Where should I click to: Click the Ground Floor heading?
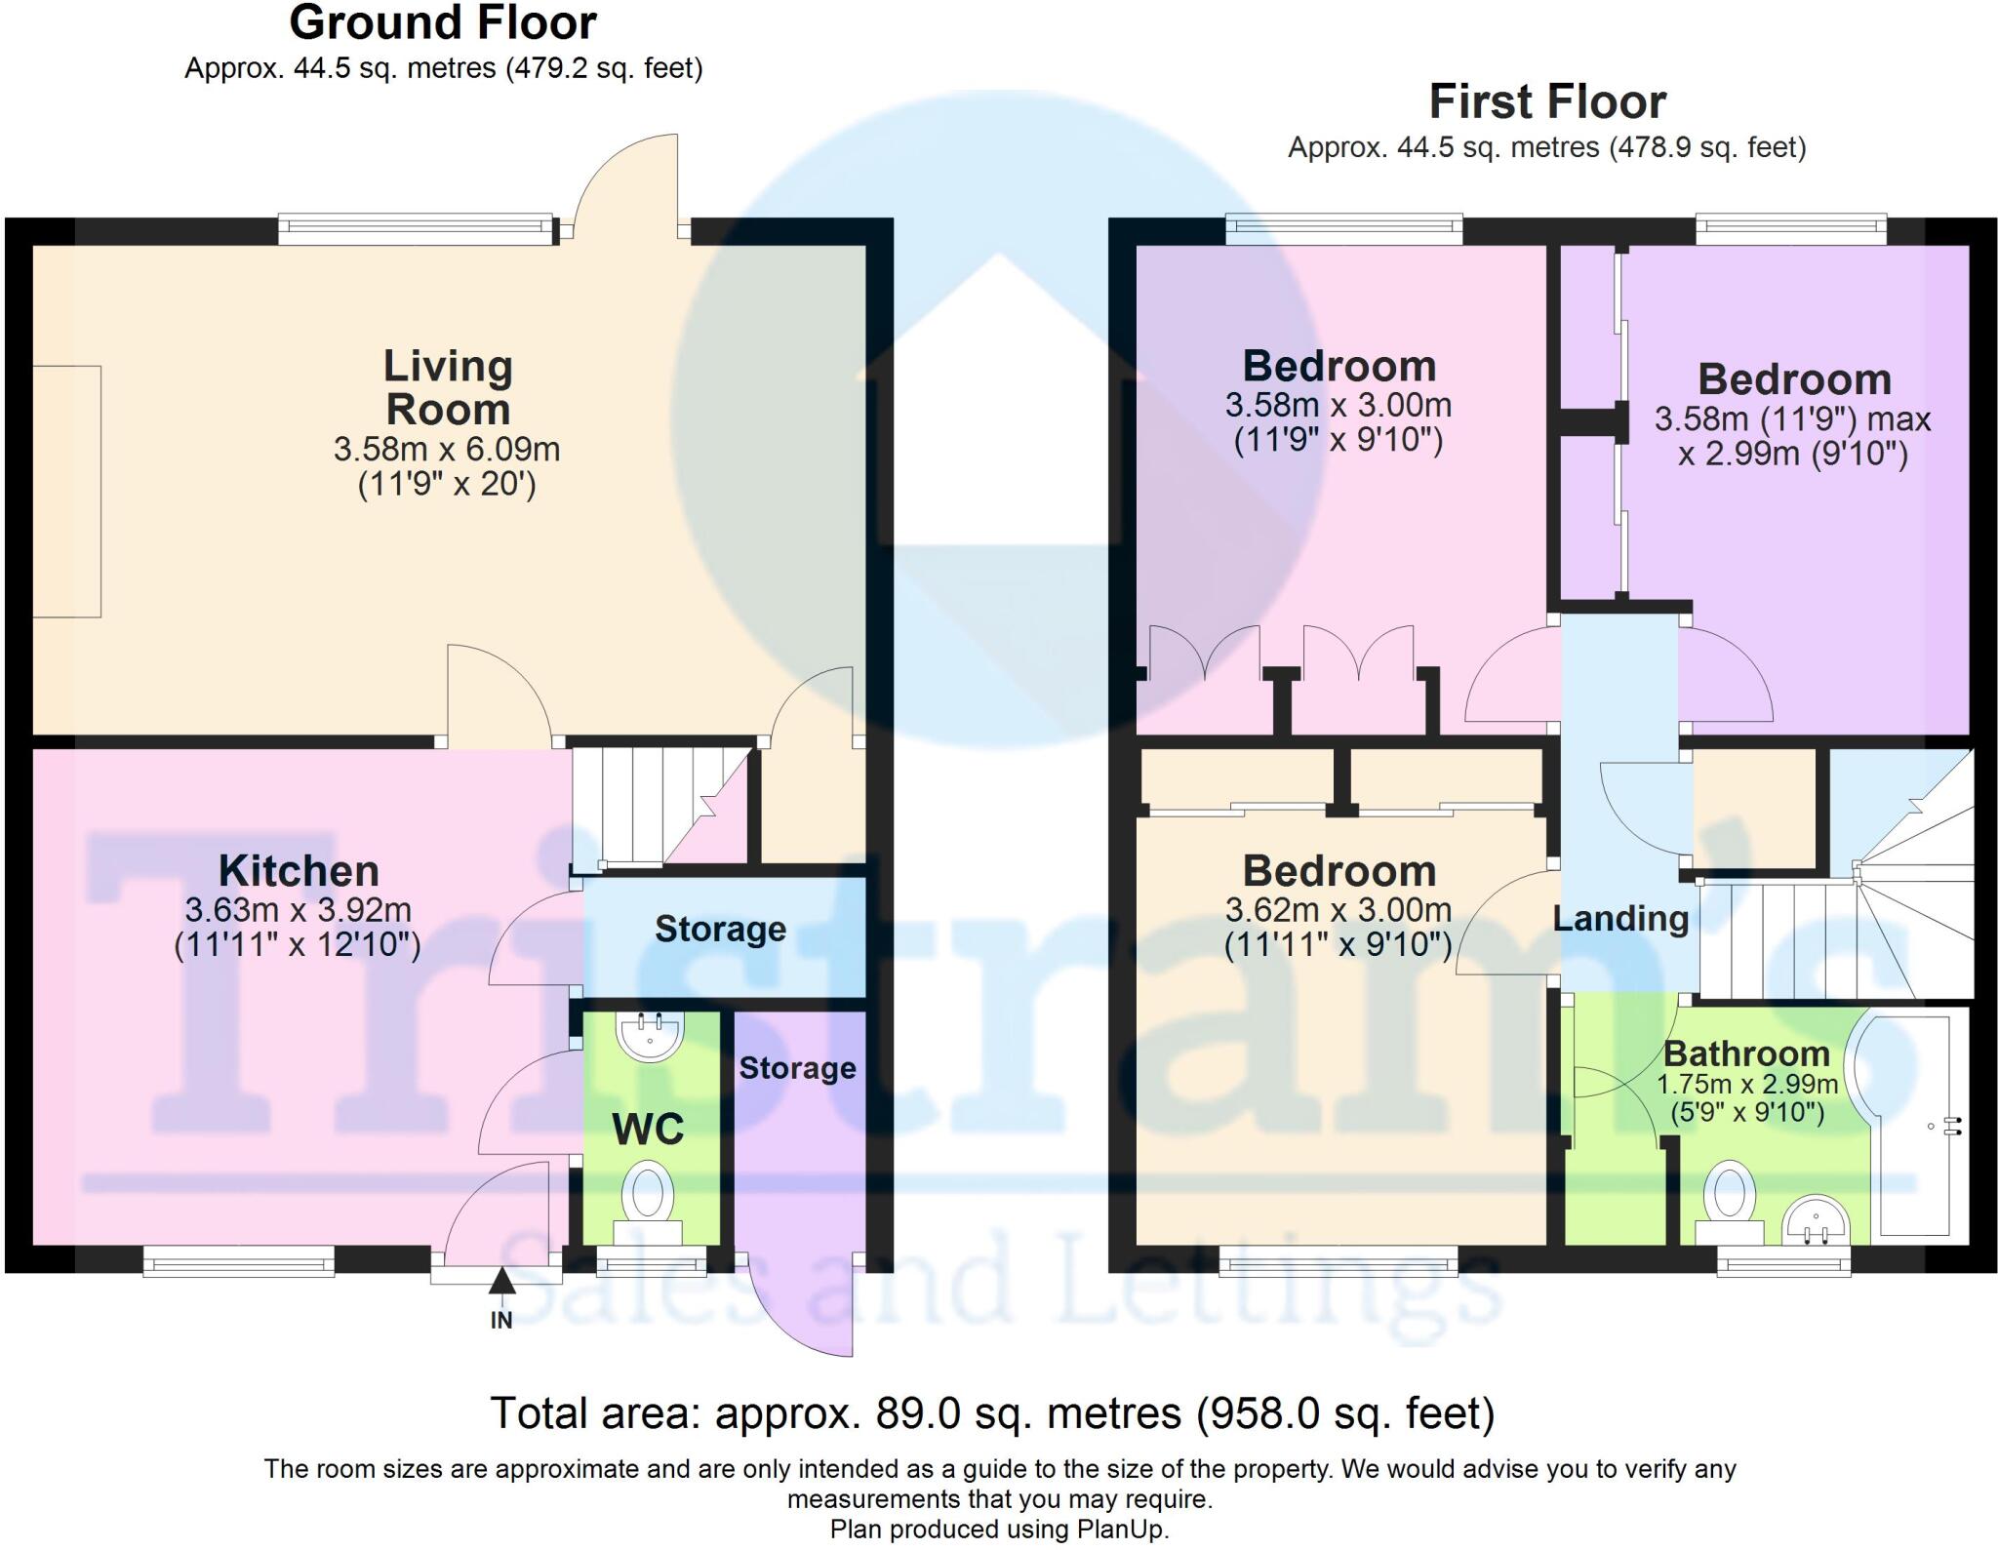point(443,23)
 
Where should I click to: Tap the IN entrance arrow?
point(501,1281)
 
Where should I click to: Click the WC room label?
point(648,1130)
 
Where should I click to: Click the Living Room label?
point(448,387)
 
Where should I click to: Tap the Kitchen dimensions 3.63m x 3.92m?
point(298,910)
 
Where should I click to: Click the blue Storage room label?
point(720,930)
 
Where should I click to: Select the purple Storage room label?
point(797,1068)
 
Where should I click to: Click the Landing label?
point(1620,919)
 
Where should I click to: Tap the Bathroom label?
point(1746,1053)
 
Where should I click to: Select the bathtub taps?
point(1951,1127)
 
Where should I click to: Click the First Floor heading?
point(1547,102)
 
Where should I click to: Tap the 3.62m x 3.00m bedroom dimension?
point(1338,910)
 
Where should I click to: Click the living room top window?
point(417,230)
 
